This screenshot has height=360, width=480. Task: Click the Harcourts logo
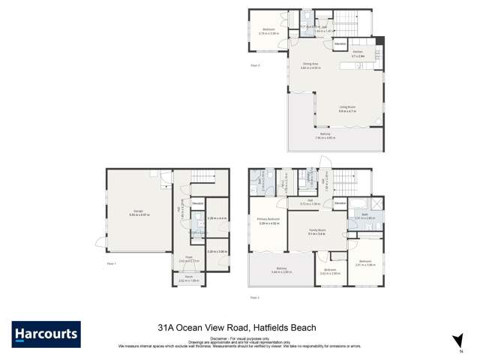pyautogui.click(x=46, y=334)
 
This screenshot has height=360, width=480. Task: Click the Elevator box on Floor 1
pyautogui.click(x=197, y=203)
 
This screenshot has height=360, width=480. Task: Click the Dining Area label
pyautogui.click(x=310, y=65)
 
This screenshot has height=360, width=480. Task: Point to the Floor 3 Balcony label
pyautogui.click(x=325, y=136)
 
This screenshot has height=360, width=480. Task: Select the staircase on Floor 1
pyautogui.click(x=200, y=177)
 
